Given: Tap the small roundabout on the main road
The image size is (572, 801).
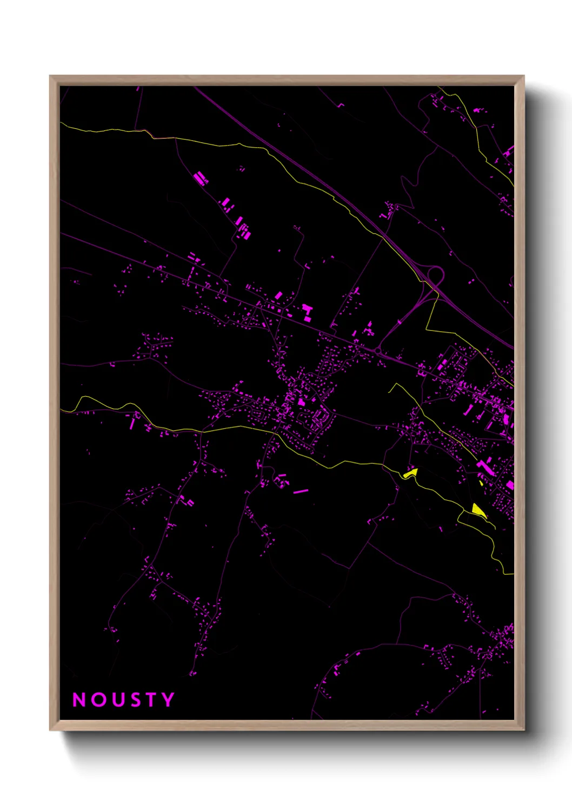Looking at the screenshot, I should (x=377, y=351).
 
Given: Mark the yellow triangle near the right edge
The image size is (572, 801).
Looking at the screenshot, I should (x=478, y=510).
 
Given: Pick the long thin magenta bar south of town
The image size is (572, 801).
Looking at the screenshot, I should (x=301, y=491).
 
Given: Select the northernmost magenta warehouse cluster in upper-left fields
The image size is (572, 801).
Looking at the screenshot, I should (x=201, y=178).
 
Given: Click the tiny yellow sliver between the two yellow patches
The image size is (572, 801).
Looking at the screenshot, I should (x=481, y=482).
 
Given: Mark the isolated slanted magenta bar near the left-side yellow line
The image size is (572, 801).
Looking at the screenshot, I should (x=132, y=423).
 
